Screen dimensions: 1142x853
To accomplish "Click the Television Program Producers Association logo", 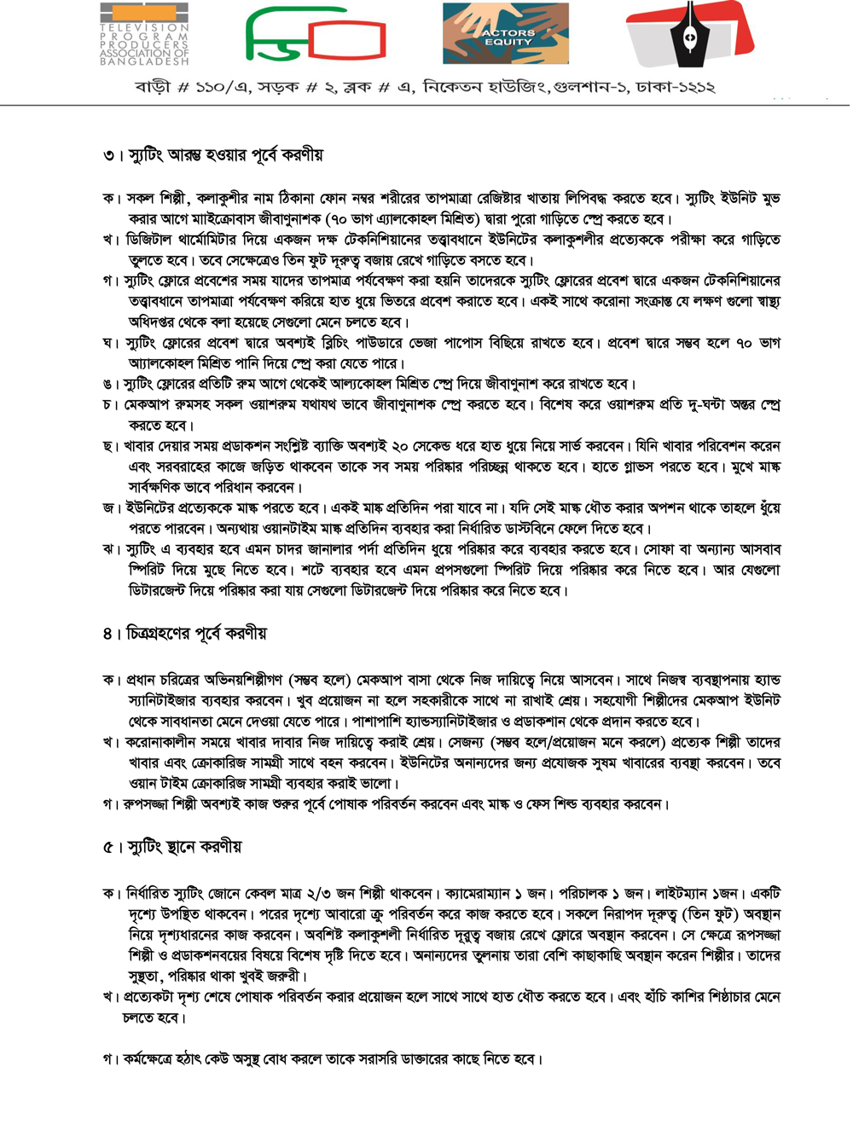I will pos(144,34).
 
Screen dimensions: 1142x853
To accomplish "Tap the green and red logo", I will pos(316,35).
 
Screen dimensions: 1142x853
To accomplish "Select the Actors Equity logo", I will pos(506,35).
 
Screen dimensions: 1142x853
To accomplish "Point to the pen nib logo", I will pos(689,34).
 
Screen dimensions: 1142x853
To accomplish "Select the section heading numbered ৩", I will pos(212,155).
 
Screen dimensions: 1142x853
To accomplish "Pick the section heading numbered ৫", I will pos(172,847).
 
